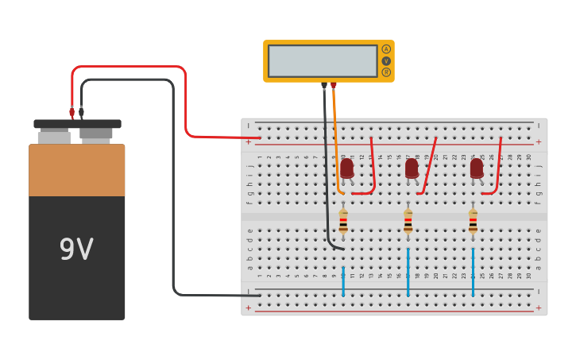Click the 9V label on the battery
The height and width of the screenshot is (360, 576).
[x=76, y=250]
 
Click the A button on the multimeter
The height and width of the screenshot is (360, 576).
[x=386, y=49]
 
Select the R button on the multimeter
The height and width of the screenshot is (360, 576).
[x=386, y=72]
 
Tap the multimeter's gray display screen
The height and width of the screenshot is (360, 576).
[x=323, y=61]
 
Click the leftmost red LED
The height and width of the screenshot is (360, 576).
[x=346, y=168]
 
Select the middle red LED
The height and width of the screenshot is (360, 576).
[x=412, y=168]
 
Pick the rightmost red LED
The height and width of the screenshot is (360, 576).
[x=476, y=168]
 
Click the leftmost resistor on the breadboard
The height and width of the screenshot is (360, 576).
[x=343, y=221]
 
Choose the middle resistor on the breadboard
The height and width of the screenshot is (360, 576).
[x=408, y=221]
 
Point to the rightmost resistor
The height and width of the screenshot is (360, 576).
[x=473, y=221]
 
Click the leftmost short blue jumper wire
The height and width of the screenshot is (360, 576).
[x=343, y=281]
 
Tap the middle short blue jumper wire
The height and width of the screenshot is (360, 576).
[x=408, y=272]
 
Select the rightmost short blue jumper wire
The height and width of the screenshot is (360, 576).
[x=473, y=272]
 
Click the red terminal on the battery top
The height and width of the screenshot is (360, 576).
[x=72, y=113]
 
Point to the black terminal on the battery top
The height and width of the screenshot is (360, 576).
[x=81, y=113]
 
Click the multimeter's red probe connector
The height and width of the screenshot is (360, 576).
[x=334, y=84]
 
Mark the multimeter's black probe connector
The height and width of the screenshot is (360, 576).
[x=323, y=84]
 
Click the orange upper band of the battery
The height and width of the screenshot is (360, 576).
[x=77, y=170]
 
